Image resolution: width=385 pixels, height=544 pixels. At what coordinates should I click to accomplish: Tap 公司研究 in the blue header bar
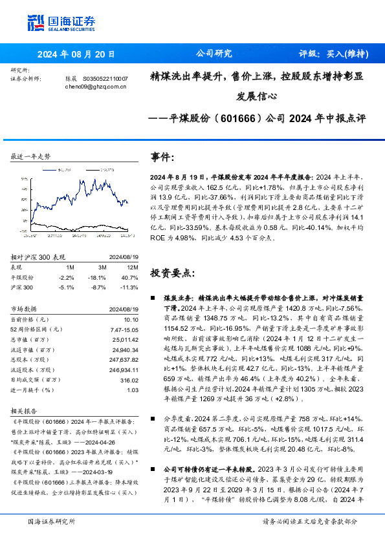point(214,54)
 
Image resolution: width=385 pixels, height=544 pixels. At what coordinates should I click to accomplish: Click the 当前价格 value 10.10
point(131,319)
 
